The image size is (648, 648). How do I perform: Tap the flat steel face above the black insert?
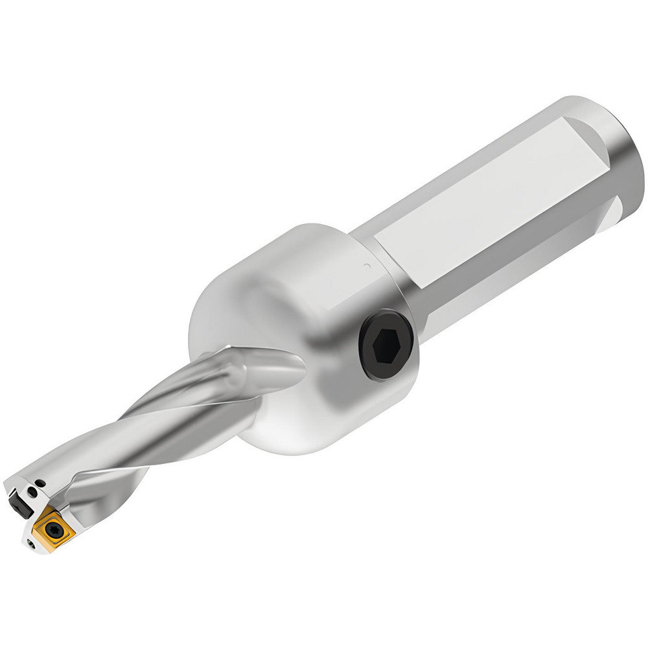click(26, 483)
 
